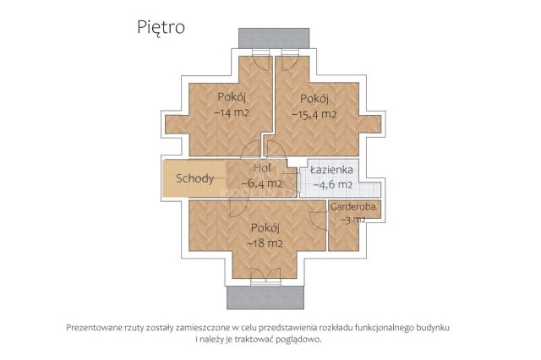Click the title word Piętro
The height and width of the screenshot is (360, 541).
pos(161,26)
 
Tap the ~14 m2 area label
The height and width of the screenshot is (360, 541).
pos(231,112)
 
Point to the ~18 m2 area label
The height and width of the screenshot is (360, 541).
pos(265,244)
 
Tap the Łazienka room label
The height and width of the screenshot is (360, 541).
pos(331,170)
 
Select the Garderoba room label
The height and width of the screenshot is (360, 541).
pos(353,206)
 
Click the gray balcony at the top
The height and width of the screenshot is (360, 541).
pos(265,39)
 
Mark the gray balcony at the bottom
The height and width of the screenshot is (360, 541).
pos(265,297)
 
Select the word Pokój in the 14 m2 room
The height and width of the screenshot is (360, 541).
pos(231,96)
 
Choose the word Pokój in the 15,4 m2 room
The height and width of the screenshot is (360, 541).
pos(314,97)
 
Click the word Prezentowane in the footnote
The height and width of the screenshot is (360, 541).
pos(97,327)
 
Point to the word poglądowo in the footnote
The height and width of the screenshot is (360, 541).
pos(297,340)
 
